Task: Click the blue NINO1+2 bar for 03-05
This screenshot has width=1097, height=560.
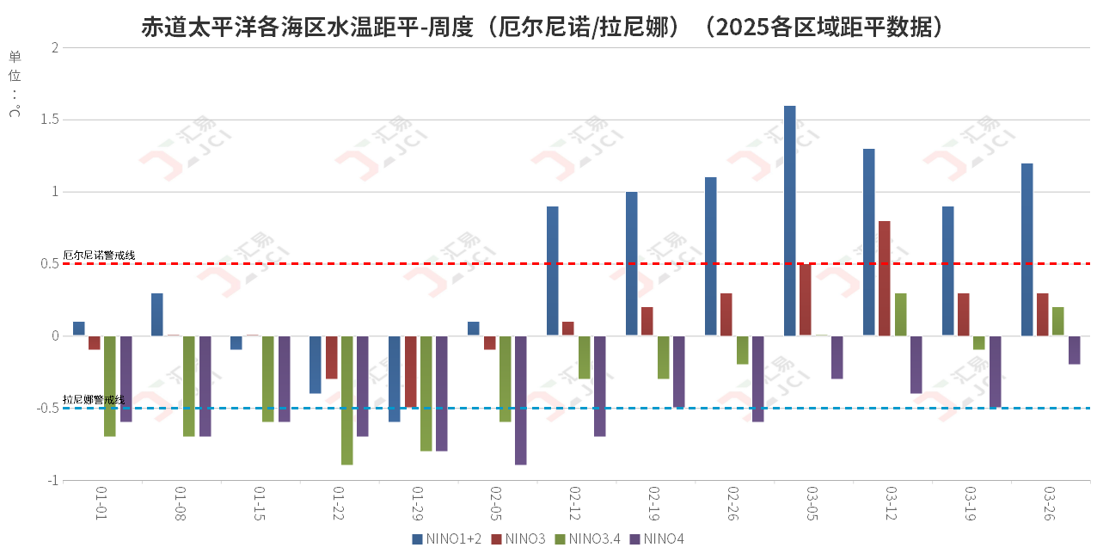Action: point(790,221)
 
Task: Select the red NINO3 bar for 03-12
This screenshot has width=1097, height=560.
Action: point(885,279)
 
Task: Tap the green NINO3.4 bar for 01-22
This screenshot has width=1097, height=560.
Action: point(346,400)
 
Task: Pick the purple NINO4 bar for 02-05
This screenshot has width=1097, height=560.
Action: point(521,400)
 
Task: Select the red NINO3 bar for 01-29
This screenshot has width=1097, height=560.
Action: point(410,372)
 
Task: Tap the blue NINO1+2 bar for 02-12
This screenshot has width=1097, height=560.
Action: point(553,271)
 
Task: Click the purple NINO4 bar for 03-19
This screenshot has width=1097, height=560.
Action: point(996,372)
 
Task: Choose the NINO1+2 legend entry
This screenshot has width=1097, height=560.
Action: point(447,539)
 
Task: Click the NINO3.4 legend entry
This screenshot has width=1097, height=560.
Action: point(588,539)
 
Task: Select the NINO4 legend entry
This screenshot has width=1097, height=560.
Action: point(658,539)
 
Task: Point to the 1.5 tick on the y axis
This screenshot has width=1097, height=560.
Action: point(49,120)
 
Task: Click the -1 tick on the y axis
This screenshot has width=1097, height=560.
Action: point(52,480)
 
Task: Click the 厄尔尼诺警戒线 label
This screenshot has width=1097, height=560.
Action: point(99,255)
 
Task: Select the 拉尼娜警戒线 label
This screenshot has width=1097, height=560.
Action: point(94,400)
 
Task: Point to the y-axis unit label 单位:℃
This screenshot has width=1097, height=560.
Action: point(15,84)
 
